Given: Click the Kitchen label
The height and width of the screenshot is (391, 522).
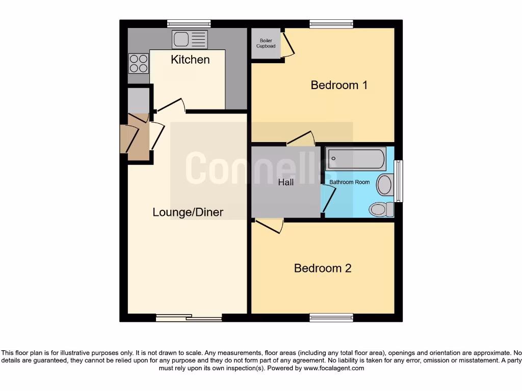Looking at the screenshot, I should point(190,60).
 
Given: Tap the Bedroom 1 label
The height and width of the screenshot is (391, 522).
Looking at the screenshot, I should point(339,85).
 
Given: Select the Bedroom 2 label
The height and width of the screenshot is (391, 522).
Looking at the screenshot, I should point(323,268).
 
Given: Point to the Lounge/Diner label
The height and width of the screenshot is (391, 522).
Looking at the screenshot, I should point(188,212).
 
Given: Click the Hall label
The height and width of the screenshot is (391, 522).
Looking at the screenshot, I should point(286,182).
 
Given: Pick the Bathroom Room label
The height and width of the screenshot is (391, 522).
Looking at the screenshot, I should point(349,182).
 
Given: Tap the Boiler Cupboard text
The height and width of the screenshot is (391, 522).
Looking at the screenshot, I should point(266,43).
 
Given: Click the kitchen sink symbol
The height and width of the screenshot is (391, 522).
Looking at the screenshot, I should point(190,39).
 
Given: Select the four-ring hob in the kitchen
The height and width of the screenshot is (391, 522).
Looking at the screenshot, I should point(138,64).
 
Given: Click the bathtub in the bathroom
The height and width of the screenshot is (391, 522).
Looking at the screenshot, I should point(356,158).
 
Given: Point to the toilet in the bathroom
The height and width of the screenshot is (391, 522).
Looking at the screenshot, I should point(380,209).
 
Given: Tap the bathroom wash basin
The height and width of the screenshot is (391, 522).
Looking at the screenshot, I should point(385,185).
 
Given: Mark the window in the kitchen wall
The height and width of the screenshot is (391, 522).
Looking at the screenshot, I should point(189,23).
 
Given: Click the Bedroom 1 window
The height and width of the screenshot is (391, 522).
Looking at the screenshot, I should point(331,23).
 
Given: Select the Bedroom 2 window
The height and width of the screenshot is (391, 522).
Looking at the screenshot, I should point(331,318).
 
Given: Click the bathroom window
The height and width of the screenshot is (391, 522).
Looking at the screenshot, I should point(399,181).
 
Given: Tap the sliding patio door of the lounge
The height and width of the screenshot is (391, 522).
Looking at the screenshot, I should point(189,318).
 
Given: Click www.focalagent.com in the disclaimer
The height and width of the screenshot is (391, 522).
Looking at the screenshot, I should point(333,368).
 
